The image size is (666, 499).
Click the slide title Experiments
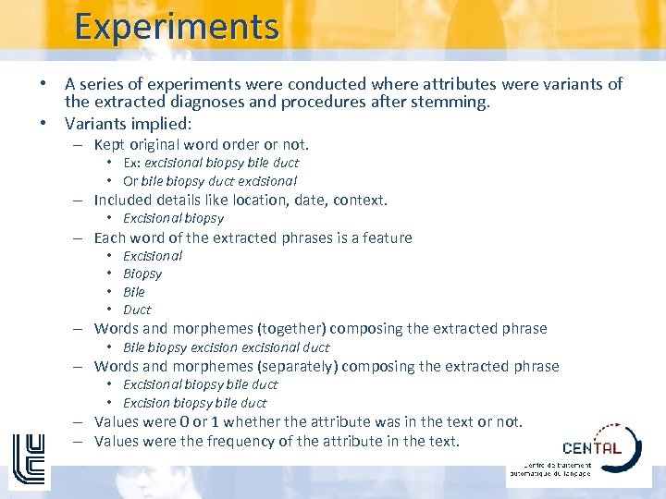pyautogui.click(x=177, y=27)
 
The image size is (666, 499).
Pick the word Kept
pyautogui.click(x=113, y=144)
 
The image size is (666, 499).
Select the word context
pyautogui.click(x=359, y=200)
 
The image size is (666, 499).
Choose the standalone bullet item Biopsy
pyautogui.click(x=142, y=274)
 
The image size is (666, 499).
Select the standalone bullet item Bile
pyautogui.click(x=134, y=292)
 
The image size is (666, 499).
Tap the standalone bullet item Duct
pyautogui.click(x=137, y=310)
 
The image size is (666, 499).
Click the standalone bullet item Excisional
pyautogui.click(x=153, y=256)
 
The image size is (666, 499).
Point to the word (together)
pyautogui.click(x=290, y=328)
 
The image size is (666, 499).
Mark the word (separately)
pyautogui.click(x=297, y=366)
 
